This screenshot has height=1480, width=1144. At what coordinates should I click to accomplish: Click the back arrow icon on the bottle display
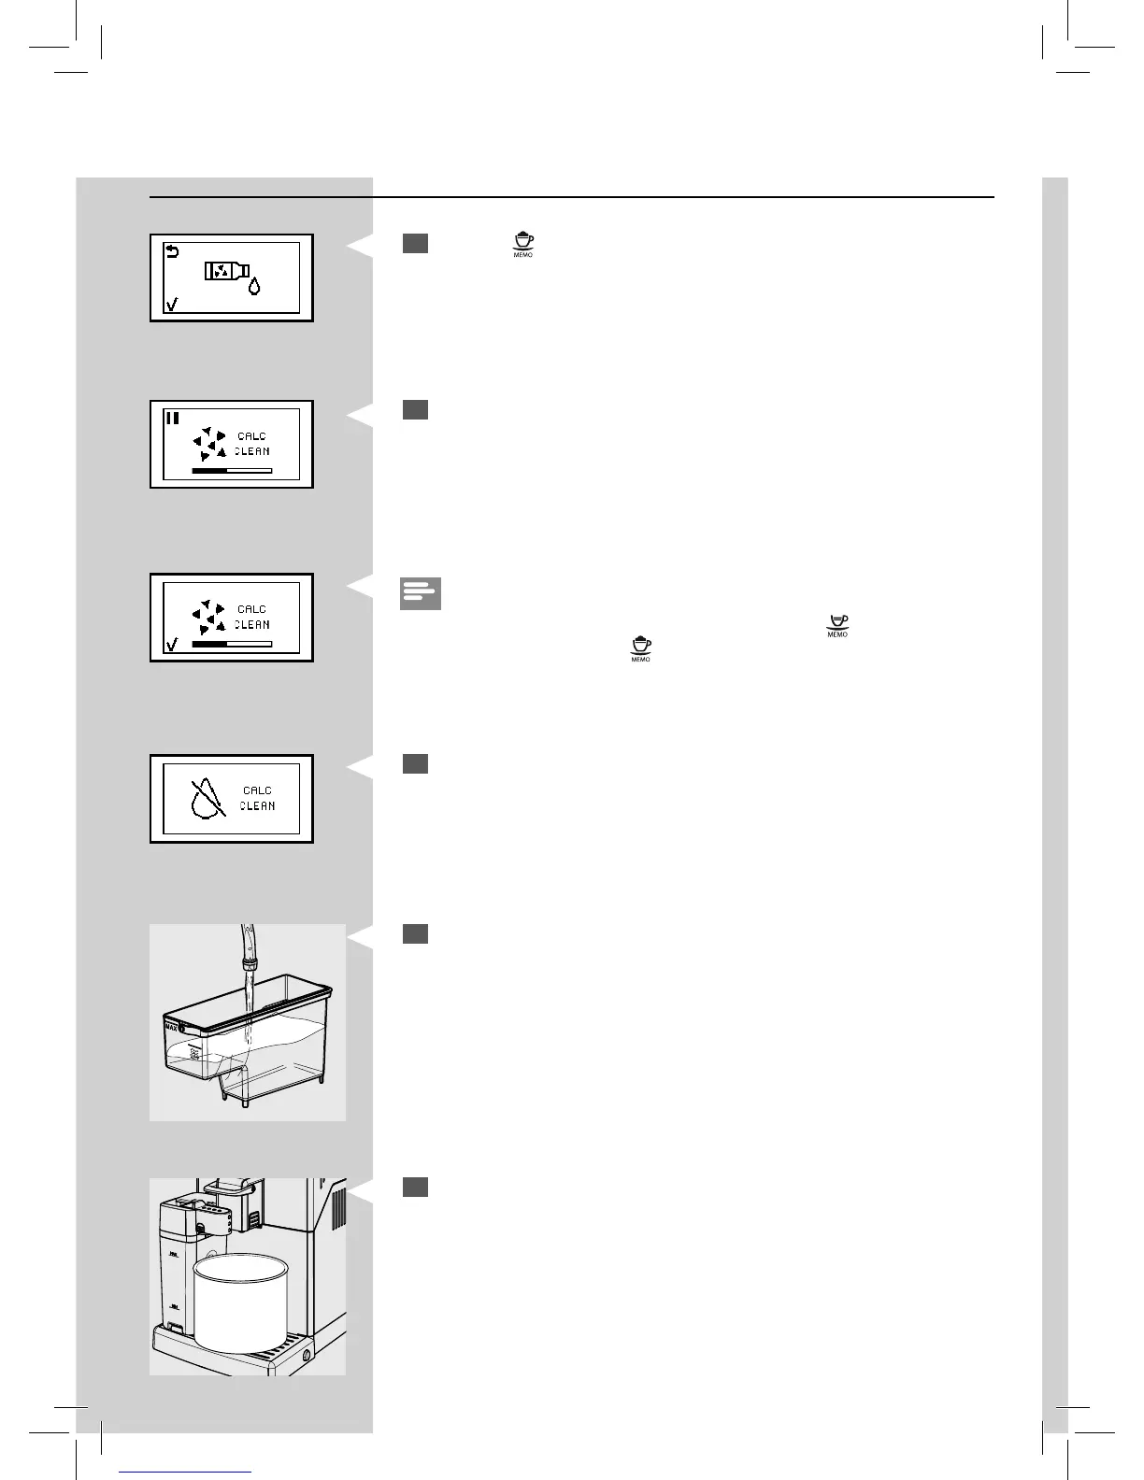(172, 250)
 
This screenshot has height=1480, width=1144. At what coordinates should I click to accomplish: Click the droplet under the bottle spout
(254, 287)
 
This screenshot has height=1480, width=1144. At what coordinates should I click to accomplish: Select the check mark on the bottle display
(171, 305)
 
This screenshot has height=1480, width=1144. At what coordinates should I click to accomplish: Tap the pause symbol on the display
(172, 418)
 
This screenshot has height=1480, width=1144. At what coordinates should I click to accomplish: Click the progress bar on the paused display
(232, 471)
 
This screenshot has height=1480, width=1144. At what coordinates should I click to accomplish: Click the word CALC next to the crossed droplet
(257, 790)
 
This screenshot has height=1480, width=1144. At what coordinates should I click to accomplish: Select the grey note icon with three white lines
(421, 594)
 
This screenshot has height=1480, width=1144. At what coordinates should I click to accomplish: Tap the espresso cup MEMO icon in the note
(837, 625)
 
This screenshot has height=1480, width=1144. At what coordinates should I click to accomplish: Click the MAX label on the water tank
(171, 1026)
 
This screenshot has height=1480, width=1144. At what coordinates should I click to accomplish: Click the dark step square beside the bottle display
(416, 243)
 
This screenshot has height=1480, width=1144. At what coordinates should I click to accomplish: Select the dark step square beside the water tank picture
(416, 933)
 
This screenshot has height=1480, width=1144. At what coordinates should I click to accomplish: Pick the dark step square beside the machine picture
(416, 1187)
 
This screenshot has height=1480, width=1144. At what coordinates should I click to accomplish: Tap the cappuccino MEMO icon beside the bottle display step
(523, 245)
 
